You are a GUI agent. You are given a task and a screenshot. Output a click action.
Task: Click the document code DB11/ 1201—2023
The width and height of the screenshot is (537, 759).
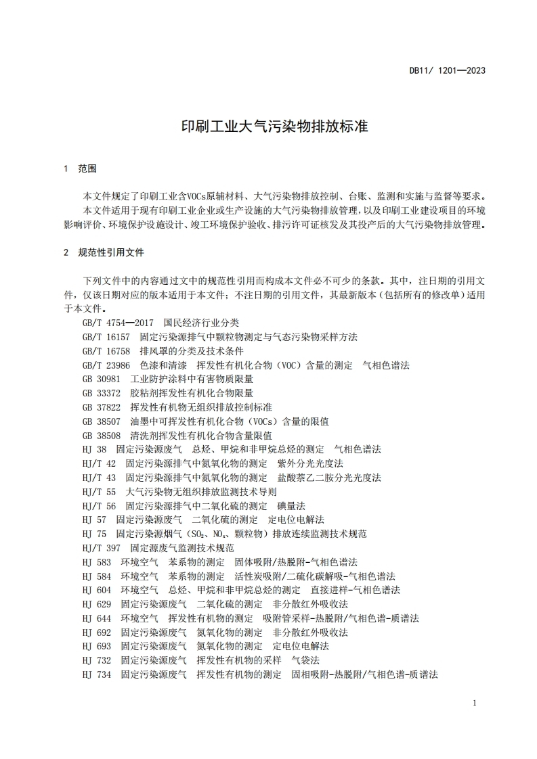click(448, 70)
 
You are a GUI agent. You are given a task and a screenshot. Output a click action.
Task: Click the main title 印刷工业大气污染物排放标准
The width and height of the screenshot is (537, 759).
click(275, 127)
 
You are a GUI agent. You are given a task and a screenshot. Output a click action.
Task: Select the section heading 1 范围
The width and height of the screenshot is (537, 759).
click(80, 168)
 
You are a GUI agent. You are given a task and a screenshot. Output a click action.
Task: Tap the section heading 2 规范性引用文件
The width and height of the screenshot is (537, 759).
click(103, 252)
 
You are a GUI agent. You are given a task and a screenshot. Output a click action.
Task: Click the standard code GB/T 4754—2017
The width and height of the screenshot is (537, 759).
click(119, 323)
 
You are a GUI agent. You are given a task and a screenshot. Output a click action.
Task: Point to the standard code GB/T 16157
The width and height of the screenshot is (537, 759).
click(106, 336)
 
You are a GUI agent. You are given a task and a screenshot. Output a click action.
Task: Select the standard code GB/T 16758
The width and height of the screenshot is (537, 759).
click(106, 351)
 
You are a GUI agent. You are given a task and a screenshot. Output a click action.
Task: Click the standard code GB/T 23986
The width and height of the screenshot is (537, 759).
click(106, 365)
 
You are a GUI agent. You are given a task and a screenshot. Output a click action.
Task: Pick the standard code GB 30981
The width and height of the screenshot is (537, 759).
click(101, 379)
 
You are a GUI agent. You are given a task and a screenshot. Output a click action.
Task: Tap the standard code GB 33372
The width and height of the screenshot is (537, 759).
click(101, 393)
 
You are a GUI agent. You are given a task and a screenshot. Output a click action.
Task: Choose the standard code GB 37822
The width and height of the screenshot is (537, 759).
click(101, 407)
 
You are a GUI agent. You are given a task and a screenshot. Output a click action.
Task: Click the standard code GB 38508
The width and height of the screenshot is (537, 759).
click(101, 435)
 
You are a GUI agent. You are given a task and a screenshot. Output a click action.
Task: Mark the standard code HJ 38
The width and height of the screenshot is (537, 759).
click(93, 449)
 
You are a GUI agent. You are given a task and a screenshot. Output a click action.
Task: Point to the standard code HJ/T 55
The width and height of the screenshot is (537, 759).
click(99, 491)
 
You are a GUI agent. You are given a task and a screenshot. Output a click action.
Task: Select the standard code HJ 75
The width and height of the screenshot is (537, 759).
click(93, 534)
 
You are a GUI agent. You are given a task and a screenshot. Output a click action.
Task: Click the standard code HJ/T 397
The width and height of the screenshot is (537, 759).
click(101, 548)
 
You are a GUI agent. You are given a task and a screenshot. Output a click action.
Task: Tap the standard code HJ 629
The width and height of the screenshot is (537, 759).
click(96, 604)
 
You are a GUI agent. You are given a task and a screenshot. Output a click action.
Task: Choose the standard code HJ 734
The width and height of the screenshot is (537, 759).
click(96, 674)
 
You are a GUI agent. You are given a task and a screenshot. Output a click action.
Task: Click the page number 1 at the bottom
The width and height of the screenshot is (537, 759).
click(475, 703)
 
